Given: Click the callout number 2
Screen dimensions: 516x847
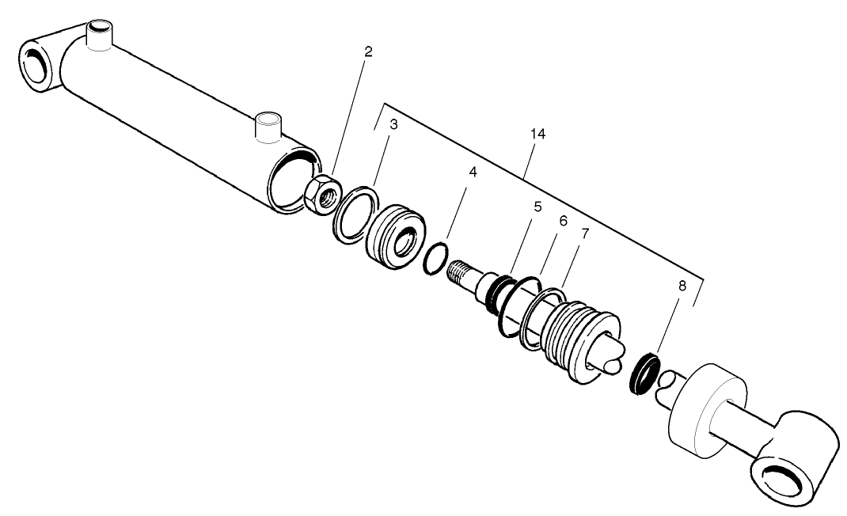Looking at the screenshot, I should tap(368, 52).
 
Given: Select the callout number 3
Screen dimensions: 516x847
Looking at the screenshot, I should tap(393, 124).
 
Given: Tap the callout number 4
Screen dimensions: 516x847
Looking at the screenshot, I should tap(473, 171).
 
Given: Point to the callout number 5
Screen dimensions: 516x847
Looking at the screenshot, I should tap(537, 207).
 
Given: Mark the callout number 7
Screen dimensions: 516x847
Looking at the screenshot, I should tap(585, 235).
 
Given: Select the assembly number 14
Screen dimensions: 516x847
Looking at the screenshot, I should tap(537, 135).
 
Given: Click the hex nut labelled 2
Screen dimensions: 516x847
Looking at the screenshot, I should tap(322, 195).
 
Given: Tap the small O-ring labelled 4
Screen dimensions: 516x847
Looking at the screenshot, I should tap(435, 260).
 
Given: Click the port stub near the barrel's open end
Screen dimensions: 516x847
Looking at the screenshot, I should tap(268, 127).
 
